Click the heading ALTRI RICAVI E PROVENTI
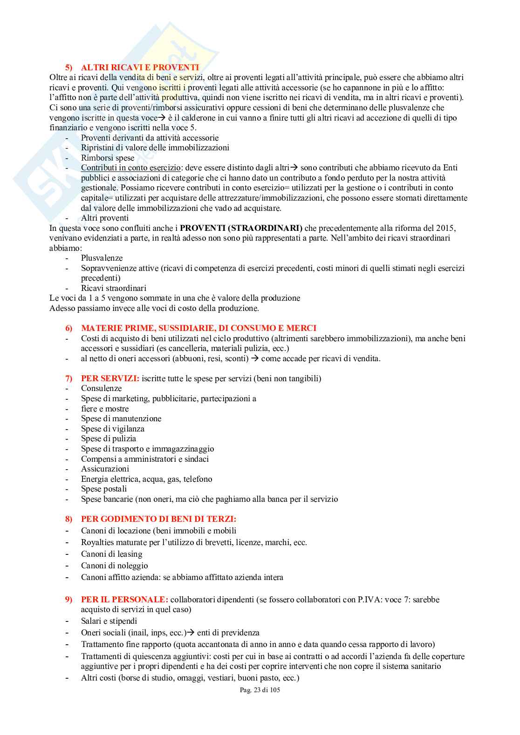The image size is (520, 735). pyautogui.click(x=140, y=67)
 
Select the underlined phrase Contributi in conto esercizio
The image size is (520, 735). pyautogui.click(x=130, y=168)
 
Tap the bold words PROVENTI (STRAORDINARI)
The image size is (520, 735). pyautogui.click(x=241, y=228)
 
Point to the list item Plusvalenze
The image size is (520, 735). pyautogui.click(x=102, y=258)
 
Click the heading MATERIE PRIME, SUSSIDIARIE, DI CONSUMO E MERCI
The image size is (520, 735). pyautogui.click(x=198, y=328)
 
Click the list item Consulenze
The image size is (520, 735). pyautogui.click(x=101, y=388)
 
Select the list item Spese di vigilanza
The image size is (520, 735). pyautogui.click(x=113, y=429)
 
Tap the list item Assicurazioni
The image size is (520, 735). pyautogui.click(x=105, y=469)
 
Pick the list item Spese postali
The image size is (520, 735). pyautogui.click(x=104, y=489)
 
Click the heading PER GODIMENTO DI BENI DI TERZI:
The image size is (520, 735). pyautogui.click(x=158, y=519)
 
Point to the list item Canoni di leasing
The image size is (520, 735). pyautogui.click(x=111, y=554)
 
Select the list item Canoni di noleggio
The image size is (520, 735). pyautogui.click(x=114, y=566)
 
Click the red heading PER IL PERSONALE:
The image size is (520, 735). pyautogui.click(x=124, y=600)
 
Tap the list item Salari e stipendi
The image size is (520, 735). pyautogui.click(x=109, y=621)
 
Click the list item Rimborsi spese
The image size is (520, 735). pyautogui.click(x=108, y=158)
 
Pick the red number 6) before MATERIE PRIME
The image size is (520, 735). pyautogui.click(x=69, y=328)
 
